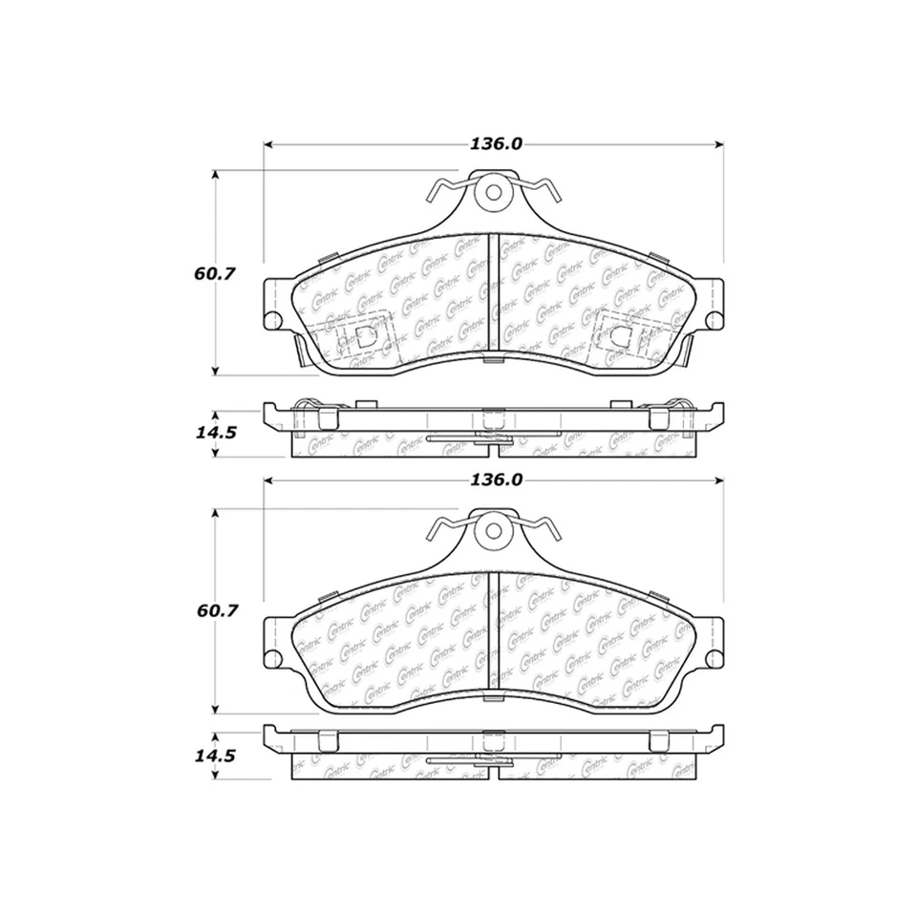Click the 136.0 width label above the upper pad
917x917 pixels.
click(495, 144)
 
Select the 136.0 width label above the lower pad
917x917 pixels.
click(495, 480)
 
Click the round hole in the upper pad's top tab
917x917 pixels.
click(494, 191)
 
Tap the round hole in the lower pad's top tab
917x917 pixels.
click(494, 527)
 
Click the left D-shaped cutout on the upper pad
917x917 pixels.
click(363, 336)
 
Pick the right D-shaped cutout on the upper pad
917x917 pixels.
click(619, 336)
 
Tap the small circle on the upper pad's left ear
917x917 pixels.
click(271, 318)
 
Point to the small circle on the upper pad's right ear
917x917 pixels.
click(715, 318)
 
